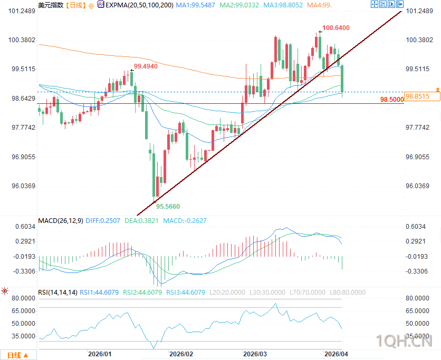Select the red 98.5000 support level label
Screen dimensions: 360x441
click(391, 99)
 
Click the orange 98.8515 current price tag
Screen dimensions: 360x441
click(421, 96)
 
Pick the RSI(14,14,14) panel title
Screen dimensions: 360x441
click(57, 292)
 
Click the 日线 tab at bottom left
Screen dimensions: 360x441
click(17, 354)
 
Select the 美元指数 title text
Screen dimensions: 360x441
click(51, 5)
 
